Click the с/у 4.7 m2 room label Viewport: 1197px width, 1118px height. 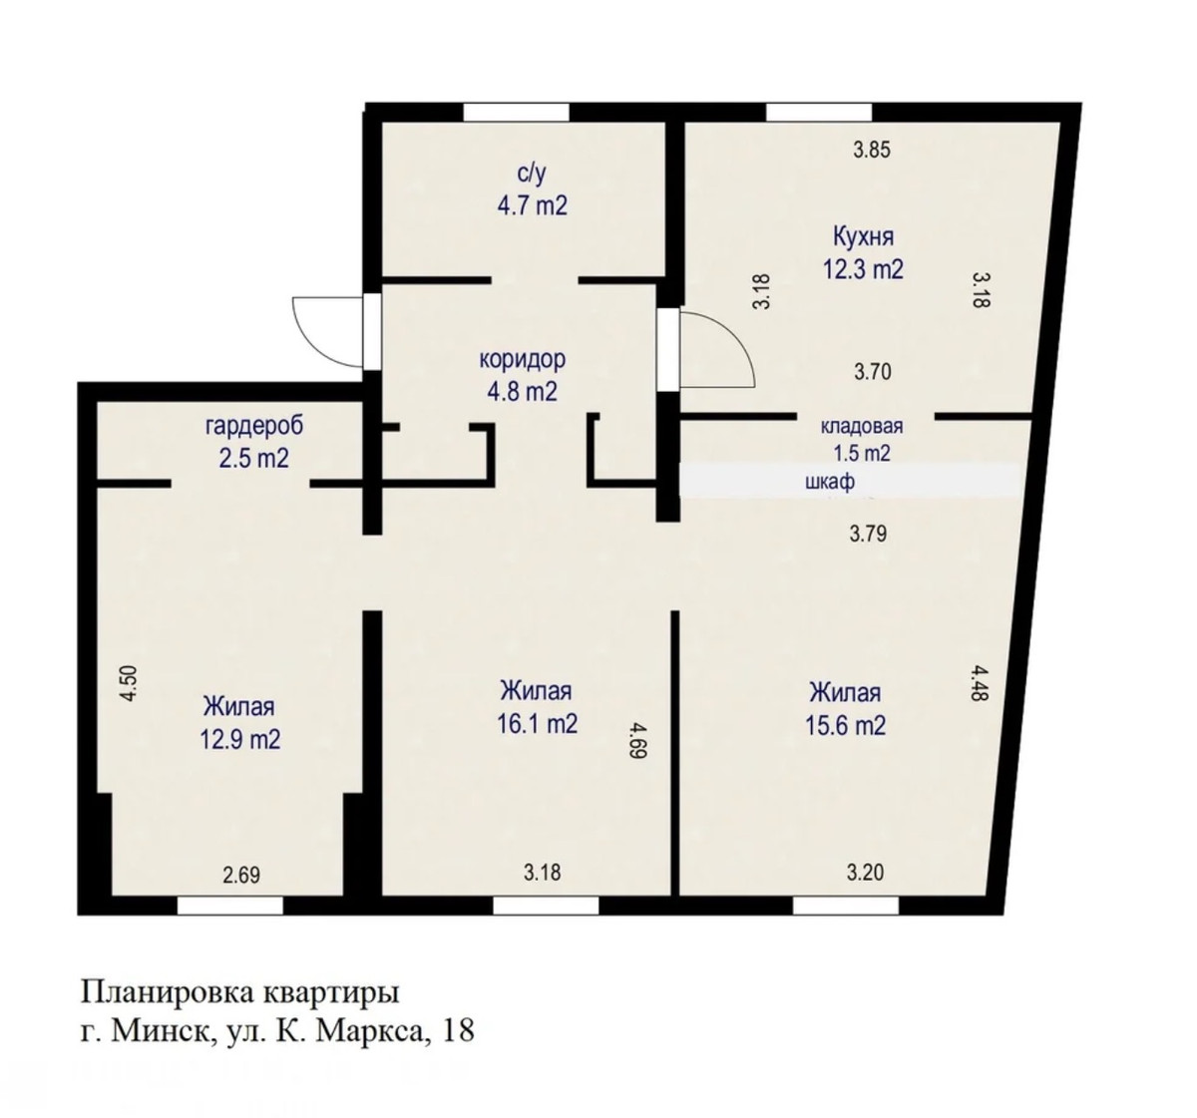tap(532, 189)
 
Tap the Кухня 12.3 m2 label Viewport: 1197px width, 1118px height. tap(863, 253)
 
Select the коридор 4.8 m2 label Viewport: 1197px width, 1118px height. tap(522, 375)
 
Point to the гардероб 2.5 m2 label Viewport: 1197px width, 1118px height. tap(254, 442)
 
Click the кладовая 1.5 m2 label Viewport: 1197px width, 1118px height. tap(862, 439)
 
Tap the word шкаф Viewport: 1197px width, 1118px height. tap(830, 482)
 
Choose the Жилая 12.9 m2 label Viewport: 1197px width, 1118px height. tap(239, 723)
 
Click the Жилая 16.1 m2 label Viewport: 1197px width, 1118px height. tap(537, 707)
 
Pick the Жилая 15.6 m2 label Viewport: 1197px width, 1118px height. tap(846, 709)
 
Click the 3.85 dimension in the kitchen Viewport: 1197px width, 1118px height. tap(872, 150)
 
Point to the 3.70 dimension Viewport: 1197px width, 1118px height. tap(872, 372)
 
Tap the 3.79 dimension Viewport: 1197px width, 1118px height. tap(868, 534)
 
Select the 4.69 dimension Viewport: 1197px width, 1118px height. tap(636, 739)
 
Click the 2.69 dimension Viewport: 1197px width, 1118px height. tap(241, 875)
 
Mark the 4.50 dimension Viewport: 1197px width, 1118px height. tap(129, 683)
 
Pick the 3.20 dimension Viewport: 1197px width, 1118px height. tap(865, 872)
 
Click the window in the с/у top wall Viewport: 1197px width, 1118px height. tap(516, 112)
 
